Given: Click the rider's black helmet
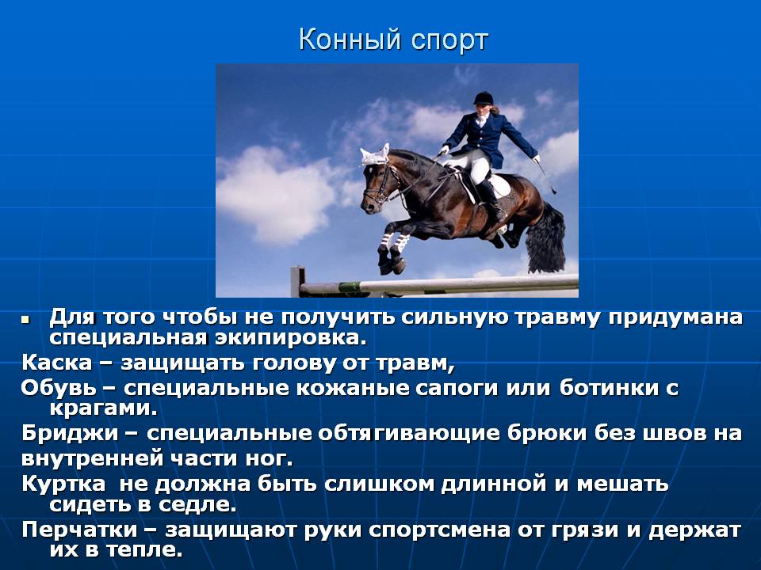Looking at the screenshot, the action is pos(484,98).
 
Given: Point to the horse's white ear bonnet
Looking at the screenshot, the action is pos(375,155).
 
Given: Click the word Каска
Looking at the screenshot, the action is pos(57,363).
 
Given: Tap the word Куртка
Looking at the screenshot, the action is pos(63,484).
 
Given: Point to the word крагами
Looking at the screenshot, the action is pos(104,408).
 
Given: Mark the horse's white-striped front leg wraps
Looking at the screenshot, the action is pos(393,243).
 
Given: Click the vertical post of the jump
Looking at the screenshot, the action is pos(297,282).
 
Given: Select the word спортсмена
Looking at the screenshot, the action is pos(439,530).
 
